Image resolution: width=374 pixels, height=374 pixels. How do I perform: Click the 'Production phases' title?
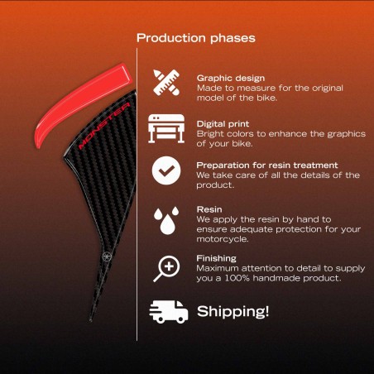coord(196,38)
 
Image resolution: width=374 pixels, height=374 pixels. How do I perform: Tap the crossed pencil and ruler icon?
coord(166,83)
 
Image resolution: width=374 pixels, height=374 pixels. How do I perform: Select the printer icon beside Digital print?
coord(166,128)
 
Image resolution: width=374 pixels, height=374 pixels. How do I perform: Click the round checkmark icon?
coord(166,170)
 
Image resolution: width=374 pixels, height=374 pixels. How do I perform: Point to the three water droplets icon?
coord(166,221)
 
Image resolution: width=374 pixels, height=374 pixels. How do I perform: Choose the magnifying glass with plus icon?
coord(166,269)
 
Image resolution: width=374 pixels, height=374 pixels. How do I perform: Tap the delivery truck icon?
coord(169,312)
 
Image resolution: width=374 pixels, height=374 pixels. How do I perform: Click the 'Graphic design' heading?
coord(231,79)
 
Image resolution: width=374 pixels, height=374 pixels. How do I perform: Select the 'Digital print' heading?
coord(223,124)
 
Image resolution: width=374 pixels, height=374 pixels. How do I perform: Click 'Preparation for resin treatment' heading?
coord(267,165)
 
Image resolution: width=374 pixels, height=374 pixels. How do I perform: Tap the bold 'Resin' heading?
coord(209,209)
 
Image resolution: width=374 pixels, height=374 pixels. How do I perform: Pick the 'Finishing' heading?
coord(217,258)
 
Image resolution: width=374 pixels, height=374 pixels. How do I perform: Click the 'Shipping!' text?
coord(233,311)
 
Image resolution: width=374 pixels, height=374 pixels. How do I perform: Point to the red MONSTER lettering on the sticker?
coord(104,126)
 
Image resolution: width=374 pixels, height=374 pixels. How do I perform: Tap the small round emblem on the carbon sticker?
coord(106,257)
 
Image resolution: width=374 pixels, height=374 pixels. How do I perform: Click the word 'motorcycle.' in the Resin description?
coord(223,239)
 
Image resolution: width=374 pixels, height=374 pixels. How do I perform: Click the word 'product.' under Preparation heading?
coord(215,185)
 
